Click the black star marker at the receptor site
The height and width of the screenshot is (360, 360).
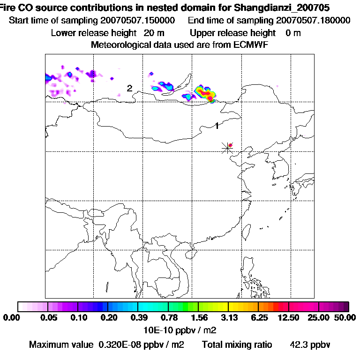pyautogui.click(x=227, y=148)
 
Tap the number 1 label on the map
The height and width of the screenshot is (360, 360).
pyautogui.click(x=217, y=125)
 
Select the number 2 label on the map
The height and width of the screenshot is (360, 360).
pyautogui.click(x=129, y=88)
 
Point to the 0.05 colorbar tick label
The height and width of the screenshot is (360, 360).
pyautogui.click(x=49, y=318)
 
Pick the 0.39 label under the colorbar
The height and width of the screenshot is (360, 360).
pyautogui.click(x=138, y=318)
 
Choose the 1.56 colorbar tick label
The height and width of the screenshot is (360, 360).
pyautogui.click(x=198, y=318)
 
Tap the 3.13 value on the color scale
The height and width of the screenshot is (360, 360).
pyautogui.click(x=228, y=318)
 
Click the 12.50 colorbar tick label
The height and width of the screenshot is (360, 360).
pyautogui.click(x=289, y=318)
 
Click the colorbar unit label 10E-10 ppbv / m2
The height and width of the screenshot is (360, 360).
pyautogui.click(x=180, y=330)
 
